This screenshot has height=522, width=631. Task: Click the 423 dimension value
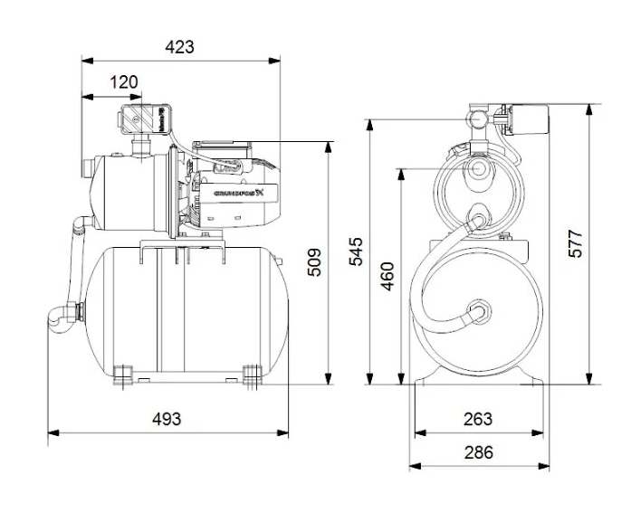tap(180, 47)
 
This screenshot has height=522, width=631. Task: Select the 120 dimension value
tap(124, 82)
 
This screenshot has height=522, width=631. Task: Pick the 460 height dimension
tap(387, 275)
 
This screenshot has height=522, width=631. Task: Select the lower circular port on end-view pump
tap(477, 220)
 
